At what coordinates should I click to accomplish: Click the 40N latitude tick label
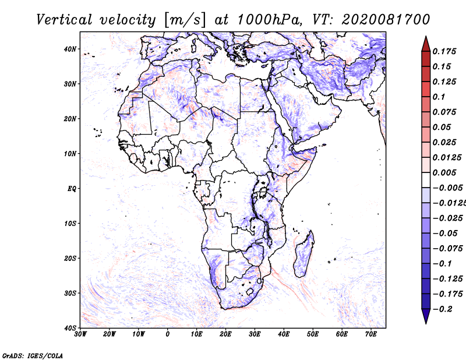[70, 49]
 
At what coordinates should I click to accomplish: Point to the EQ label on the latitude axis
[72, 189]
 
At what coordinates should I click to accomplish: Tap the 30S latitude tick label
[70, 293]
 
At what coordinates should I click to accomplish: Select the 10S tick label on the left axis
[70, 224]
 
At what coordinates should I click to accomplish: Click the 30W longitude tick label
[80, 334]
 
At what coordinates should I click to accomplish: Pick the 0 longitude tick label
[168, 334]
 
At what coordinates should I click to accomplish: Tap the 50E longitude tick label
[313, 334]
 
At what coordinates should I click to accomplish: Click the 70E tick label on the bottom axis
[371, 334]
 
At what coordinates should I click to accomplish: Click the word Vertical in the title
[64, 20]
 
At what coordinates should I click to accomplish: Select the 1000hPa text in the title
[269, 20]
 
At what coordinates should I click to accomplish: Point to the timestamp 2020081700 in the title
[386, 20]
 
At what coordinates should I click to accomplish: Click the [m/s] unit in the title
[184, 20]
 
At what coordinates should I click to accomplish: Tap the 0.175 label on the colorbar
[444, 51]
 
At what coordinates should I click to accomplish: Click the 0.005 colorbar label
[444, 172]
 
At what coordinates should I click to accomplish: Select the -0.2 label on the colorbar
[442, 309]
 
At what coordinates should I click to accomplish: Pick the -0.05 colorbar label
[445, 233]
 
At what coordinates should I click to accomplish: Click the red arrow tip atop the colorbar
[426, 37]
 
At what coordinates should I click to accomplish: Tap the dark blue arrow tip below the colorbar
[426, 323]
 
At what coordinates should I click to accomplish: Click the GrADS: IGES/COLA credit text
[33, 355]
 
